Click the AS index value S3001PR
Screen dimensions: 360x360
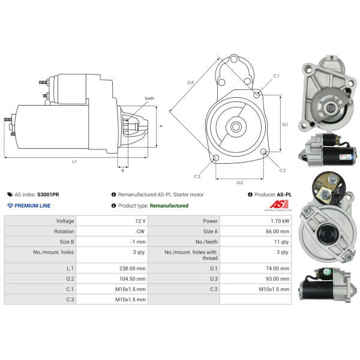pos(48,195)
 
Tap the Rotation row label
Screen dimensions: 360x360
pos(65,232)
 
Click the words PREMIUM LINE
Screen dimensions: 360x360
pos(32,206)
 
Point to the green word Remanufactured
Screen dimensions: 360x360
pos(169,206)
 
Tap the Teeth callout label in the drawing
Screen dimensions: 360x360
pos(149,98)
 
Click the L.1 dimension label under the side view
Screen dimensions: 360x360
pos(74,161)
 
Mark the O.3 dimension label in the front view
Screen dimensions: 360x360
pos(190,82)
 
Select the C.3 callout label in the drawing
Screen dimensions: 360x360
pos(197,176)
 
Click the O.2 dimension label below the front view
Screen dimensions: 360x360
pos(239,182)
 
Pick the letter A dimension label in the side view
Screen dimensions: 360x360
pos(161,126)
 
